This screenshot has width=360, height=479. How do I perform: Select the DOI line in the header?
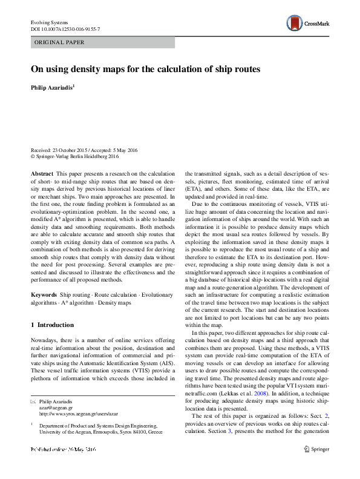point(65,29)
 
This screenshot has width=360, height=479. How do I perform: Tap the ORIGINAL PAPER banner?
point(59,43)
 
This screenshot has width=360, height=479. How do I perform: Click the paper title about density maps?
point(146,69)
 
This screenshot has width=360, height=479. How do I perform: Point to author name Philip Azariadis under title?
point(52,88)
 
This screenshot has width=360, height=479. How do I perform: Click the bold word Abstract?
point(42,173)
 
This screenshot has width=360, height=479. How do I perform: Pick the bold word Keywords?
point(44,294)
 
